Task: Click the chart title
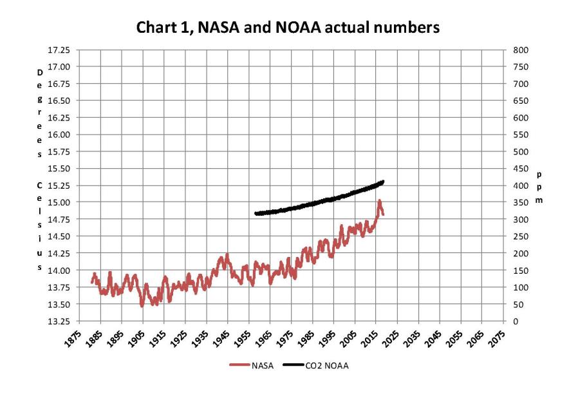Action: [x=284, y=28]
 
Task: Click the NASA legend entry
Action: [x=254, y=366]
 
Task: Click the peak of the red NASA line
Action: [x=380, y=202]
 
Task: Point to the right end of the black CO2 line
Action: [x=383, y=182]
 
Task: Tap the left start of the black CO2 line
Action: [x=256, y=213]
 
